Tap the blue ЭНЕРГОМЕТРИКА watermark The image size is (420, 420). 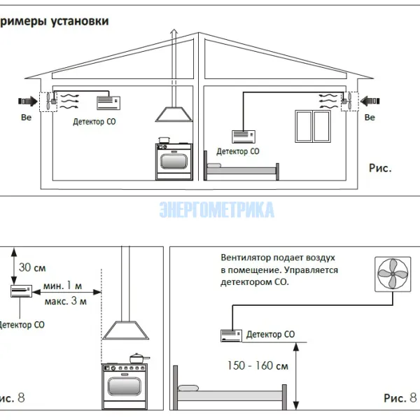point(216,209)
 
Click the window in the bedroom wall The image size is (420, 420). point(311,125)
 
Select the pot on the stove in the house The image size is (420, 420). point(164,141)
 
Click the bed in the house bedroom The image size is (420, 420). point(241,170)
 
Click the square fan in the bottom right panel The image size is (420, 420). point(395,275)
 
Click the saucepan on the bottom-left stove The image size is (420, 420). point(137,358)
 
